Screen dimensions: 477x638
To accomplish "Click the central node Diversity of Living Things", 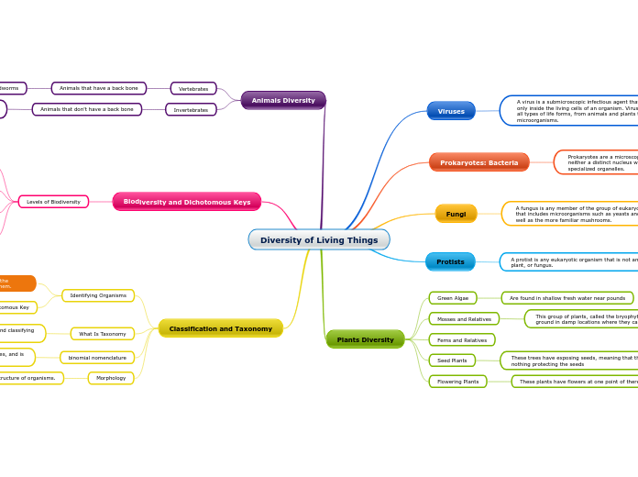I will [x=319, y=240].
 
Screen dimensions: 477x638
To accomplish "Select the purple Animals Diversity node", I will [x=283, y=100].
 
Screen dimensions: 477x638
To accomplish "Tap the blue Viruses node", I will [x=451, y=111].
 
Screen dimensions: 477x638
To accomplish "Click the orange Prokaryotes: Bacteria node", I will [x=478, y=162].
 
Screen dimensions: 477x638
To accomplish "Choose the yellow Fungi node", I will [x=456, y=214].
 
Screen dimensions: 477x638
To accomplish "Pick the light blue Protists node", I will [x=450, y=261].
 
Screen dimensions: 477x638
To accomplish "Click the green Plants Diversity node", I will [x=365, y=339].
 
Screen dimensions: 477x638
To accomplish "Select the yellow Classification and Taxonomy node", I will [x=221, y=328].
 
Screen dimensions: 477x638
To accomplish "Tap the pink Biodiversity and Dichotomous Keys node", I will [x=187, y=202].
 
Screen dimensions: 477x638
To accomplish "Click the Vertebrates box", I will [x=193, y=89].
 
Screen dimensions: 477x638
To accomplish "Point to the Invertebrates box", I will [x=191, y=109].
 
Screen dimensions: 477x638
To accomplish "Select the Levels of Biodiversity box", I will [x=53, y=202].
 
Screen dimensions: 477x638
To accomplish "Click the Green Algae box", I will [x=452, y=298].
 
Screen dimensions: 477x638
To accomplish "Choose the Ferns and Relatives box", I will [x=462, y=339].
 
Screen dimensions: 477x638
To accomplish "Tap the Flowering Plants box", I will [x=457, y=382].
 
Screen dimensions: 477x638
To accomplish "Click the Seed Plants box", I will [x=452, y=361].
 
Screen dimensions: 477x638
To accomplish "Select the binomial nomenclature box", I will [x=97, y=357].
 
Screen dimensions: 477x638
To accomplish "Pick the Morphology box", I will [x=111, y=378].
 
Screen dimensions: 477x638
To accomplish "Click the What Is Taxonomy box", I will [x=103, y=334].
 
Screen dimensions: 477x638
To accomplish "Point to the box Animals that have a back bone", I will [x=99, y=89].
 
